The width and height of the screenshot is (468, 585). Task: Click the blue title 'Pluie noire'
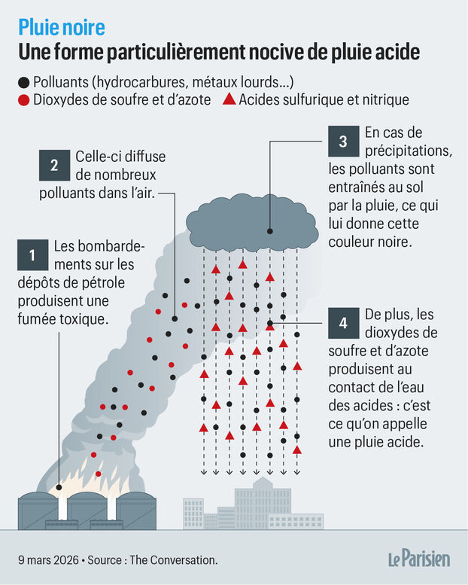[x=62, y=27]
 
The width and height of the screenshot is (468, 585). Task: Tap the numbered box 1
[x=33, y=254]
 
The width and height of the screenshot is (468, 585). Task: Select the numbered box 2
[x=54, y=165]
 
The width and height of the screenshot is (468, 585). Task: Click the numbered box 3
[x=343, y=141]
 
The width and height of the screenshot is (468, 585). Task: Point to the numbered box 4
[x=343, y=323]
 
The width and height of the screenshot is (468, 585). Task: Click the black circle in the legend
[x=24, y=83]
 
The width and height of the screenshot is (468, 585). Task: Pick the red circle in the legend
[x=24, y=100]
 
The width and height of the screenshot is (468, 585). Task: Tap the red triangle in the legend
[x=229, y=99]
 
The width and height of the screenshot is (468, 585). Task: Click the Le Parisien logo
[x=419, y=559]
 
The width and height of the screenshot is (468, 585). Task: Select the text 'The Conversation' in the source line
[x=172, y=560]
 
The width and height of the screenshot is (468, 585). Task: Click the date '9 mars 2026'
[x=48, y=560]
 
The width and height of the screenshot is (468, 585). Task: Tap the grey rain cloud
[x=252, y=223]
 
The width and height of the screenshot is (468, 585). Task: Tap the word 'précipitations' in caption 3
[x=409, y=151]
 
